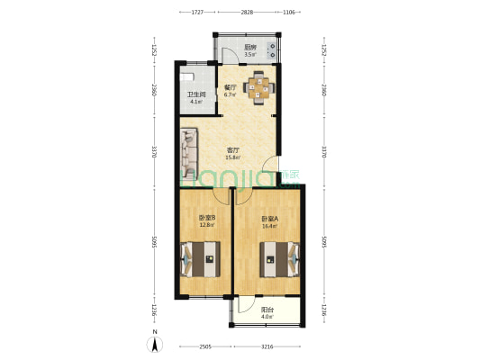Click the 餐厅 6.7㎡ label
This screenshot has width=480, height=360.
click(x=230, y=91)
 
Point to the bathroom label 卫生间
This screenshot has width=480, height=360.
click(x=197, y=95)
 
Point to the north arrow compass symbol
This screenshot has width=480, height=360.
click(x=156, y=341)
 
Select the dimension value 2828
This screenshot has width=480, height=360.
click(x=246, y=13)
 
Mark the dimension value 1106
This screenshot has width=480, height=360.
click(x=289, y=13)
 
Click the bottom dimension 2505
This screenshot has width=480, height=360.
click(x=206, y=346)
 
